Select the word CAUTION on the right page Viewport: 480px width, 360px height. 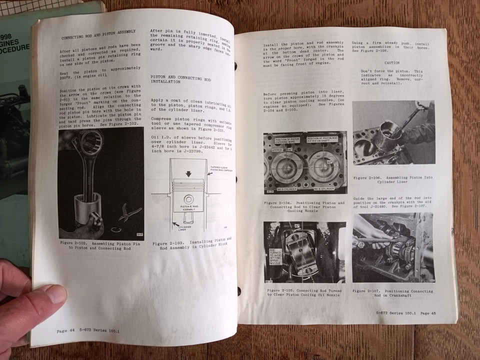coord(391,63)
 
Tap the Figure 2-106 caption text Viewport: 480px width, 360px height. coord(392,180)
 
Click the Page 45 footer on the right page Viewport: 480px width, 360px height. coord(405,313)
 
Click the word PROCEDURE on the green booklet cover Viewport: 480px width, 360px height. coord(14,48)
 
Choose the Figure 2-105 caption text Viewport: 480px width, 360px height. coord(304,292)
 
